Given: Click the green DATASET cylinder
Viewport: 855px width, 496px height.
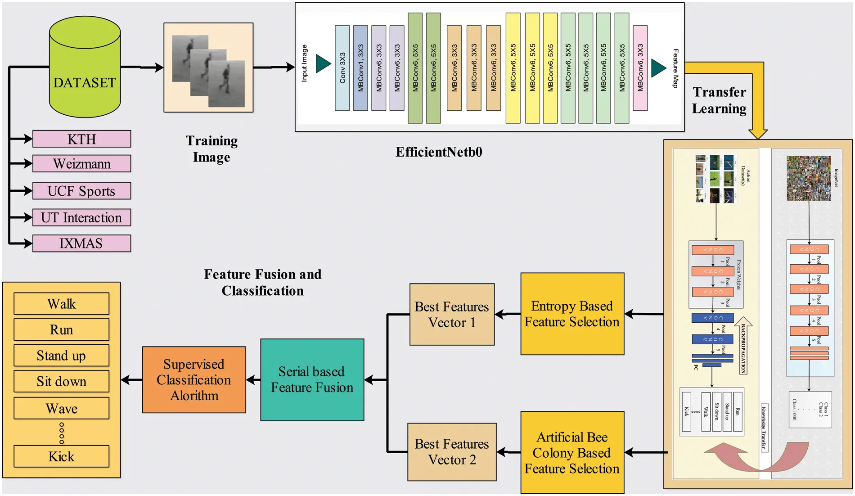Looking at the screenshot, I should click(x=85, y=72).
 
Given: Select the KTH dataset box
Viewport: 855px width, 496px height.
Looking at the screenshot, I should click(x=81, y=139).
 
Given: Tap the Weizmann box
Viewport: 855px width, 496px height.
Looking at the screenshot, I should click(x=81, y=164).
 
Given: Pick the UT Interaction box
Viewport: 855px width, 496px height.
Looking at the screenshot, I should click(x=81, y=218).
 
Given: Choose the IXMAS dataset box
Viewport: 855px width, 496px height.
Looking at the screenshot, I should click(x=81, y=243).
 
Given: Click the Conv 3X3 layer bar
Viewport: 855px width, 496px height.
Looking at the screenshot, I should click(x=342, y=68).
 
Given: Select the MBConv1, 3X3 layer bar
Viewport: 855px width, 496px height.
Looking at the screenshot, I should click(x=360, y=68).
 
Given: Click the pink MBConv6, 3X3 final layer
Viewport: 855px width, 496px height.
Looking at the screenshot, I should click(x=640, y=68).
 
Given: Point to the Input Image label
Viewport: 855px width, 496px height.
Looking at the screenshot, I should click(x=305, y=63).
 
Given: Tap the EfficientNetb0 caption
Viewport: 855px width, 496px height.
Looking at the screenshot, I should click(x=439, y=152).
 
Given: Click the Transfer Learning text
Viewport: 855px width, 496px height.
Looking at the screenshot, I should click(x=719, y=100).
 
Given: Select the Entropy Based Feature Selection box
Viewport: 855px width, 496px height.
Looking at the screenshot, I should click(x=572, y=314).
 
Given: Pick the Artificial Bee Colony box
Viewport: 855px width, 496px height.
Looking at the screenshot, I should click(x=572, y=452).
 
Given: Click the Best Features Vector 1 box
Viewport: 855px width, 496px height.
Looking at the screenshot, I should click(x=452, y=315).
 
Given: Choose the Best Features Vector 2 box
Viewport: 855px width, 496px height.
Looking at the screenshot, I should click(x=452, y=452).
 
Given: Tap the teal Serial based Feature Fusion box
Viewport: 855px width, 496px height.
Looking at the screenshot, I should click(x=312, y=380).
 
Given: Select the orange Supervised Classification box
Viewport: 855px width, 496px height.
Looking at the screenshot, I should click(x=194, y=380).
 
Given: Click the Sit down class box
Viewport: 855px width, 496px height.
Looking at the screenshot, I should click(x=61, y=382).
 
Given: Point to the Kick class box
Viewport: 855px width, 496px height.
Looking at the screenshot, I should click(x=61, y=456).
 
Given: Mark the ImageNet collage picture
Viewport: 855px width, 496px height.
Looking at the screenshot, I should click(x=809, y=178).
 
